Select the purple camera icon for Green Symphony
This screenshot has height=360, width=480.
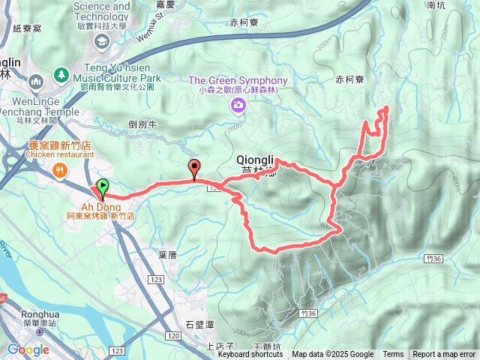[x=238, y=106]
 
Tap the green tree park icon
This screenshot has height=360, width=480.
[x=61, y=76]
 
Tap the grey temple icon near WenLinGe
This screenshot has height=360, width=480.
[x=35, y=81]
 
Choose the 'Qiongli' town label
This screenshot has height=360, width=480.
[x=256, y=160]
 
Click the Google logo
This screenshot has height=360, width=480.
[x=28, y=349]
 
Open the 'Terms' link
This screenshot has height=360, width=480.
[x=393, y=355]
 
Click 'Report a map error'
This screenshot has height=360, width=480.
[x=444, y=355]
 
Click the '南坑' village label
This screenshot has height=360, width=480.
[x=457, y=4]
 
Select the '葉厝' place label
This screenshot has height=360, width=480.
[x=167, y=255]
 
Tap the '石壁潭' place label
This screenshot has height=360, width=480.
[x=199, y=324]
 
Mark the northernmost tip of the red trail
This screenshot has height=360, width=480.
[x=386, y=109]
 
